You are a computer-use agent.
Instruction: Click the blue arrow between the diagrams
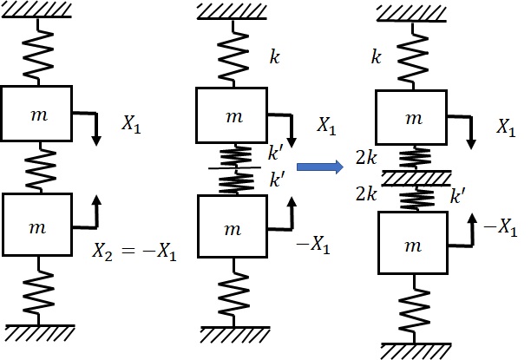tap(318, 167)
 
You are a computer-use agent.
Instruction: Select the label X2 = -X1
tap(134, 252)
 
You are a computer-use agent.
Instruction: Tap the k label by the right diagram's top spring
tap(377, 57)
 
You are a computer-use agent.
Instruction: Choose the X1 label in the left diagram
tap(130, 127)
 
